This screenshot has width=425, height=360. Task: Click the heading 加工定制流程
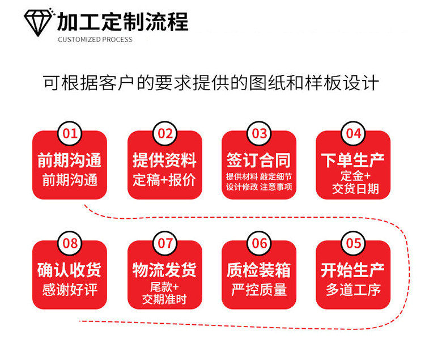122,22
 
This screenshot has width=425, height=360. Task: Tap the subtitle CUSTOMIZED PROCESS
95,40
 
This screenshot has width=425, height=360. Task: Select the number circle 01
70,134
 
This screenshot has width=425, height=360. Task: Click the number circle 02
165,134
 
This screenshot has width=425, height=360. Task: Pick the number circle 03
259,134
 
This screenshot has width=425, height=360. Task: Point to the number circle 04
354,133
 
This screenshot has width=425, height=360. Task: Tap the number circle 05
354,243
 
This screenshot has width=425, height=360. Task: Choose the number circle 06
259,243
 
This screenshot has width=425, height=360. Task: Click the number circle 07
165,243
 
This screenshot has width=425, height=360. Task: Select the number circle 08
70,243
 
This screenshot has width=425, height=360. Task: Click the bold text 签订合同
259,160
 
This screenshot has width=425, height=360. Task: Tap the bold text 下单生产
353,160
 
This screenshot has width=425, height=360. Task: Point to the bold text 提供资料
164,160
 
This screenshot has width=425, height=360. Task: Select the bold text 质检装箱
259,270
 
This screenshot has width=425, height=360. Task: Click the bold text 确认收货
70,270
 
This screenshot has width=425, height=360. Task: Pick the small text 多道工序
353,290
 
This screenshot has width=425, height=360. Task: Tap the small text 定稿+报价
164,180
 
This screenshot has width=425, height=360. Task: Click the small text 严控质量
259,290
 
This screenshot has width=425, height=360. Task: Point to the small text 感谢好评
70,290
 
